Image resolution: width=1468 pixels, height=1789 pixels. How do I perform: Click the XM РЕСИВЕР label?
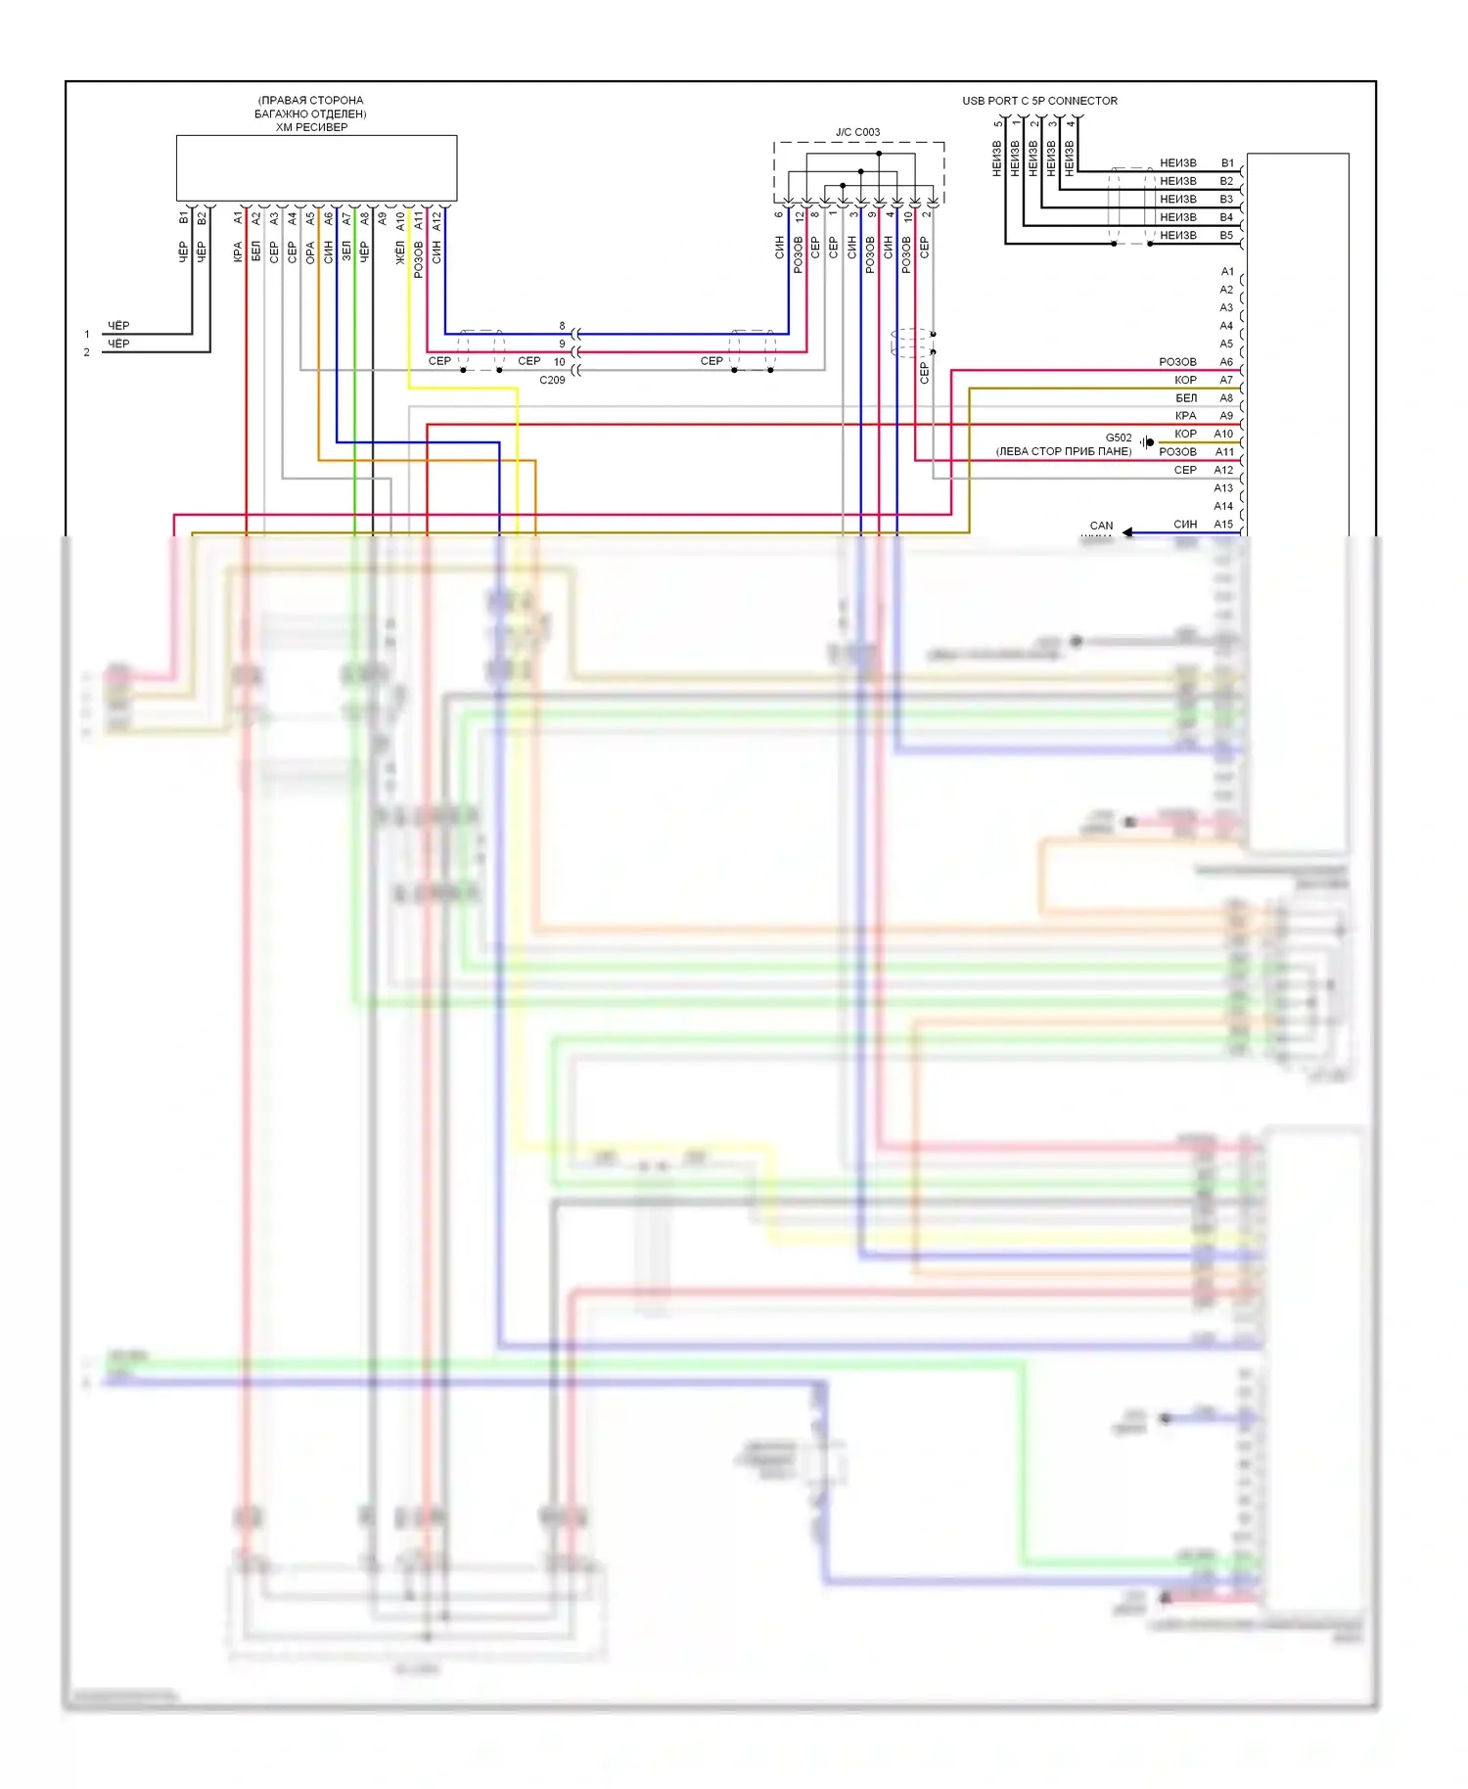pos(311,127)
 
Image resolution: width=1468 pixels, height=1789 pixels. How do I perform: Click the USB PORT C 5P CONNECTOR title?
pos(1039,101)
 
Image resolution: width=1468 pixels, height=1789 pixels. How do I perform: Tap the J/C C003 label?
pos(857,132)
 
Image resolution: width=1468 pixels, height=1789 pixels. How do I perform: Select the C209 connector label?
pos(552,380)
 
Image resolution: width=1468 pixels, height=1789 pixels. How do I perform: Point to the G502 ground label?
pos(1119,437)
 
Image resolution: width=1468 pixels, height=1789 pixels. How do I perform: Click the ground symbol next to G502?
pos(1147,442)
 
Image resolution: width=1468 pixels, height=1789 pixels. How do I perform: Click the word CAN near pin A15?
pos(1101,526)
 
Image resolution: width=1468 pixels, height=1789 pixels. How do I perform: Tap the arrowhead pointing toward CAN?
pos(1127,532)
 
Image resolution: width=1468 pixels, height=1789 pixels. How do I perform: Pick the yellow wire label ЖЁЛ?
pos(400,253)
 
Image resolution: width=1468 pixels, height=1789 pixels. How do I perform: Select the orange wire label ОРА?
pos(310,253)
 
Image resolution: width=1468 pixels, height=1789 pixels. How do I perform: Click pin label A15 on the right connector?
pos(1223,525)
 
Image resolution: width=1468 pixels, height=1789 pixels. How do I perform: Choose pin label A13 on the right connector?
pos(1223,488)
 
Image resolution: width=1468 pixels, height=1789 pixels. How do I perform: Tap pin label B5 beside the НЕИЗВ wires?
pos(1226,236)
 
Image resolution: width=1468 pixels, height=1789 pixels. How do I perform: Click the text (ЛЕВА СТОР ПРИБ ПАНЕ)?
pos(1064,452)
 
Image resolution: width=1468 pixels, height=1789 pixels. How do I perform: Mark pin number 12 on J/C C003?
pos(799,214)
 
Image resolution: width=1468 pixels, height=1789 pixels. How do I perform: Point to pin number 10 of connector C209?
pos(560,362)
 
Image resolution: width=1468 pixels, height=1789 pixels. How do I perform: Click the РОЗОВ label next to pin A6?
pos(1177,362)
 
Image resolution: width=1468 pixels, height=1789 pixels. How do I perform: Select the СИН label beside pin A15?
pos(1185,525)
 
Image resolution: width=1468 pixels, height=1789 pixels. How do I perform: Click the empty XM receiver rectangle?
pos(316,168)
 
